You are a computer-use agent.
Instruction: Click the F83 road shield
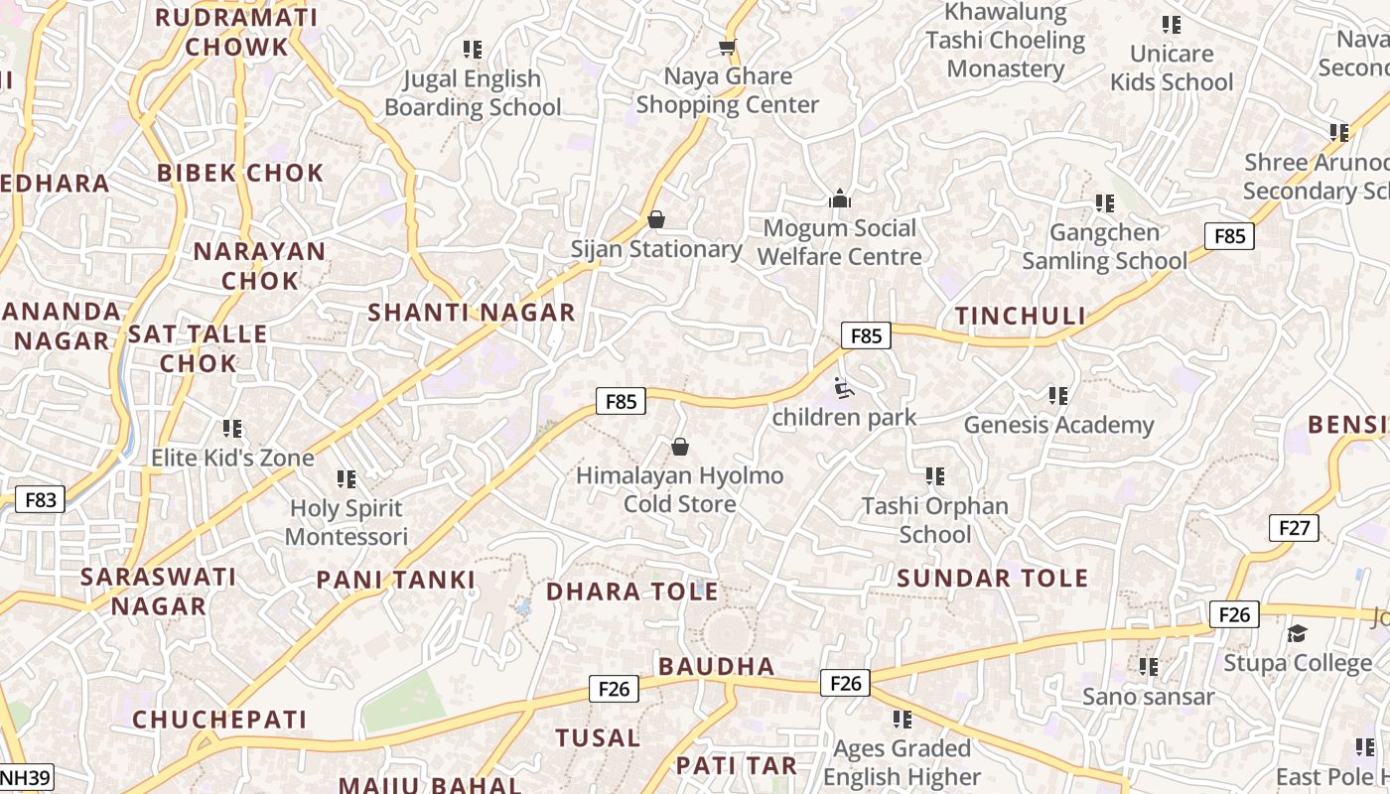pyautogui.click(x=41, y=499)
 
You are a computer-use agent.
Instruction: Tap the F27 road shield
pyautogui.click(x=1294, y=528)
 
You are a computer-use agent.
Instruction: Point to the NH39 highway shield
pyautogui.click(x=26, y=777)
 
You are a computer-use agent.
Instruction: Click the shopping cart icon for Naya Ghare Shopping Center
pyautogui.click(x=728, y=48)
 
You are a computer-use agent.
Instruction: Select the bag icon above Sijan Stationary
pyautogui.click(x=655, y=219)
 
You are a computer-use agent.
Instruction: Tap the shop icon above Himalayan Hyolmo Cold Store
pyautogui.click(x=680, y=447)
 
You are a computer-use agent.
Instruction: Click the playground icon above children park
pyautogui.click(x=844, y=388)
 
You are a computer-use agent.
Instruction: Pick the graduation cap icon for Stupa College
pyautogui.click(x=1297, y=633)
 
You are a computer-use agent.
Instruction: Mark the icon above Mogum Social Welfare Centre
pyautogui.click(x=840, y=198)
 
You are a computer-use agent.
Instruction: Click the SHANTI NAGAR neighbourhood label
pyautogui.click(x=472, y=313)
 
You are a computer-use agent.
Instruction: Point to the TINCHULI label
pyautogui.click(x=1021, y=317)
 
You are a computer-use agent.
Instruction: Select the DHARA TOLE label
pyautogui.click(x=632, y=593)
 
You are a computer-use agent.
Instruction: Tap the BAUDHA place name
pyautogui.click(x=716, y=666)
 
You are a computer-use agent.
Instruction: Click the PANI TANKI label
pyautogui.click(x=396, y=581)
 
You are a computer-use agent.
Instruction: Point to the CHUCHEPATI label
pyautogui.click(x=219, y=720)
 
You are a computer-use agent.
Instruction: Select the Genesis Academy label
pyautogui.click(x=1058, y=426)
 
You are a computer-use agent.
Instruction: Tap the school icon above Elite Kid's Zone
pyautogui.click(x=232, y=429)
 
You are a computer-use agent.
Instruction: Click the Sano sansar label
pyautogui.click(x=1148, y=697)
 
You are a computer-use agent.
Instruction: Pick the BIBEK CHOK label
pyautogui.click(x=240, y=173)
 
